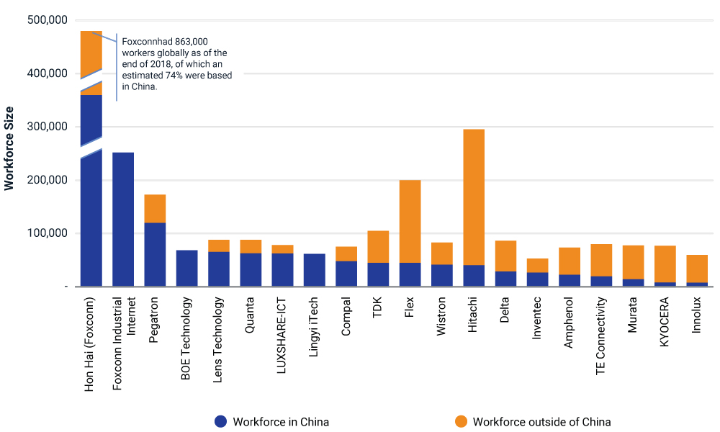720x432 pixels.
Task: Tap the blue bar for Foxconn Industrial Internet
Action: pyautogui.click(x=124, y=220)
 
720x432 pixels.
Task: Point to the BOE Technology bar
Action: pyautogui.click(x=187, y=269)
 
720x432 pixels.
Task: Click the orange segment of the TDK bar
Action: pyautogui.click(x=379, y=246)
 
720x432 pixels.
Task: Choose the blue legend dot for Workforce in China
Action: pyautogui.click(x=220, y=422)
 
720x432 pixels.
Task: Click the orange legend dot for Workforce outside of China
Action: pyautogui.click(x=461, y=422)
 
